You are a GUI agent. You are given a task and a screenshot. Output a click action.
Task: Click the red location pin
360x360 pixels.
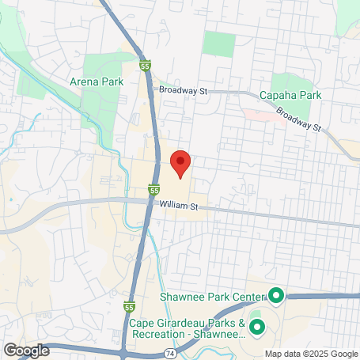(x=180, y=162)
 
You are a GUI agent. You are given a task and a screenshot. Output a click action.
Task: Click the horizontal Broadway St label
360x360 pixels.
(x=182, y=91)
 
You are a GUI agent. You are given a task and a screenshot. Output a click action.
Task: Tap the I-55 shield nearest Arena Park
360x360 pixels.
(x=144, y=68)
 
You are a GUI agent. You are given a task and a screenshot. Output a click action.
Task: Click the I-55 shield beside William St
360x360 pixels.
(x=153, y=190)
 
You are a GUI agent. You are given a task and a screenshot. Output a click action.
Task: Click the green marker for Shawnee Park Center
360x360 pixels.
(x=275, y=297)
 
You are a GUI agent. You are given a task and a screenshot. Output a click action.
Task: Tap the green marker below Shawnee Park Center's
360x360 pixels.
(x=256, y=328)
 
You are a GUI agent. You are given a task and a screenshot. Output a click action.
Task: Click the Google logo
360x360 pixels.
(x=26, y=350)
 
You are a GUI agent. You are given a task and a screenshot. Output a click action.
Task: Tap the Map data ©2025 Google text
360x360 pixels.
(x=310, y=354)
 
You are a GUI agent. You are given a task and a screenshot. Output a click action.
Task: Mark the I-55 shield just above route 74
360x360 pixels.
(x=129, y=306)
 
